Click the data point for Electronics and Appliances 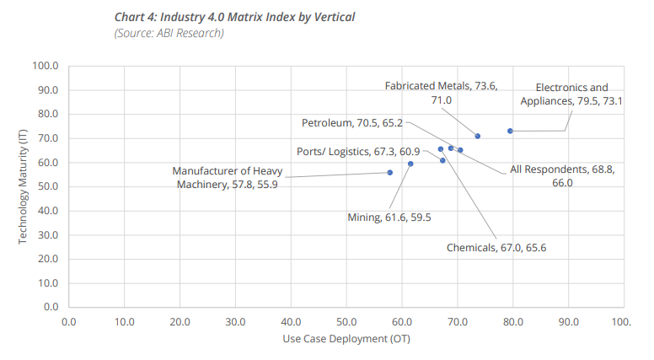(510, 131)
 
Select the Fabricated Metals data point (477, 136)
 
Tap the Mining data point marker (410, 164)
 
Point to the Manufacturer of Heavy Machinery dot (389, 172)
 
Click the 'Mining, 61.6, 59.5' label (389, 218)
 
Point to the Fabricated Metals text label (441, 93)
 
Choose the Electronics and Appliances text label (571, 94)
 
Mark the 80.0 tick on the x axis (512, 321)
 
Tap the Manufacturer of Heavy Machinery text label (227, 178)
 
